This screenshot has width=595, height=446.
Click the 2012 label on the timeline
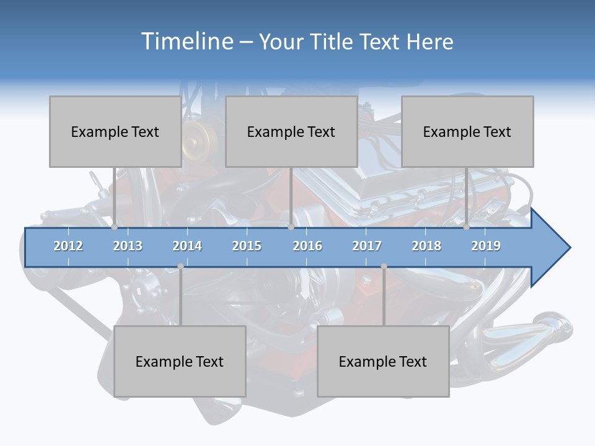pos(68,246)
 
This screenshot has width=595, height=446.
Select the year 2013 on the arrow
pos(128,246)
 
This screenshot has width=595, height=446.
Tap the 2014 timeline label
pos(187,246)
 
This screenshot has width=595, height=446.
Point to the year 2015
pos(247,246)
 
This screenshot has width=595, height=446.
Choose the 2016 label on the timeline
pos(307,246)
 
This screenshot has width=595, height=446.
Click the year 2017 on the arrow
pos(367,246)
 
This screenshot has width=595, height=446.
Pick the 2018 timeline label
pos(426,246)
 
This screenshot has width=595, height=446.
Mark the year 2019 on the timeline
pos(486,246)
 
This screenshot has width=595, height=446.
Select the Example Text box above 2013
pos(115,131)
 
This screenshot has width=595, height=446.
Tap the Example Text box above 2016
pos(291,131)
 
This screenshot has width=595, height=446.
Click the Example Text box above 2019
pos(467,131)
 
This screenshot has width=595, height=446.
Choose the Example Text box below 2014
pos(180,361)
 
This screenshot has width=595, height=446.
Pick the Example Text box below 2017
pos(383,361)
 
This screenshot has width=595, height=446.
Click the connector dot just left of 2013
pos(114,227)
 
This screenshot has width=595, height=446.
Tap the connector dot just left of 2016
pos(291,227)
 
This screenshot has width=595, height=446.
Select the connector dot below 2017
pos(384,266)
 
